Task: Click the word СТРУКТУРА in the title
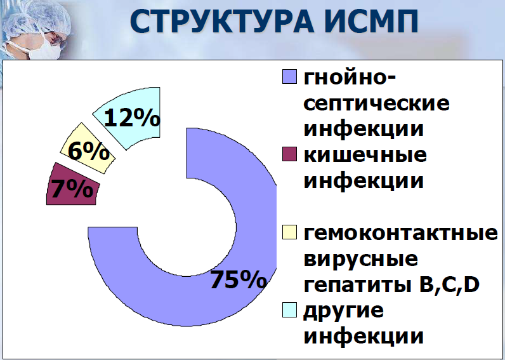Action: tap(222, 22)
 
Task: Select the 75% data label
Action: tap(239, 279)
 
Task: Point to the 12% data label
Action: tap(132, 117)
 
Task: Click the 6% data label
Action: tap(89, 151)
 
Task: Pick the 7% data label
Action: tap(72, 189)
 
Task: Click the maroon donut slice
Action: tap(73, 184)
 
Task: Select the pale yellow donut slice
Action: tap(88, 149)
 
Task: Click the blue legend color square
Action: tap(289, 77)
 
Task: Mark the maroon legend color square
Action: tap(289, 154)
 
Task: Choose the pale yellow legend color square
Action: tap(289, 232)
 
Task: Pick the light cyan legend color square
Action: tap(289, 310)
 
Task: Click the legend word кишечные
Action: tap(365, 155)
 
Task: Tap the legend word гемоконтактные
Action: tap(401, 234)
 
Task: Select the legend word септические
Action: tap(376, 104)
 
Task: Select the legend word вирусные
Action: tap(361, 260)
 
